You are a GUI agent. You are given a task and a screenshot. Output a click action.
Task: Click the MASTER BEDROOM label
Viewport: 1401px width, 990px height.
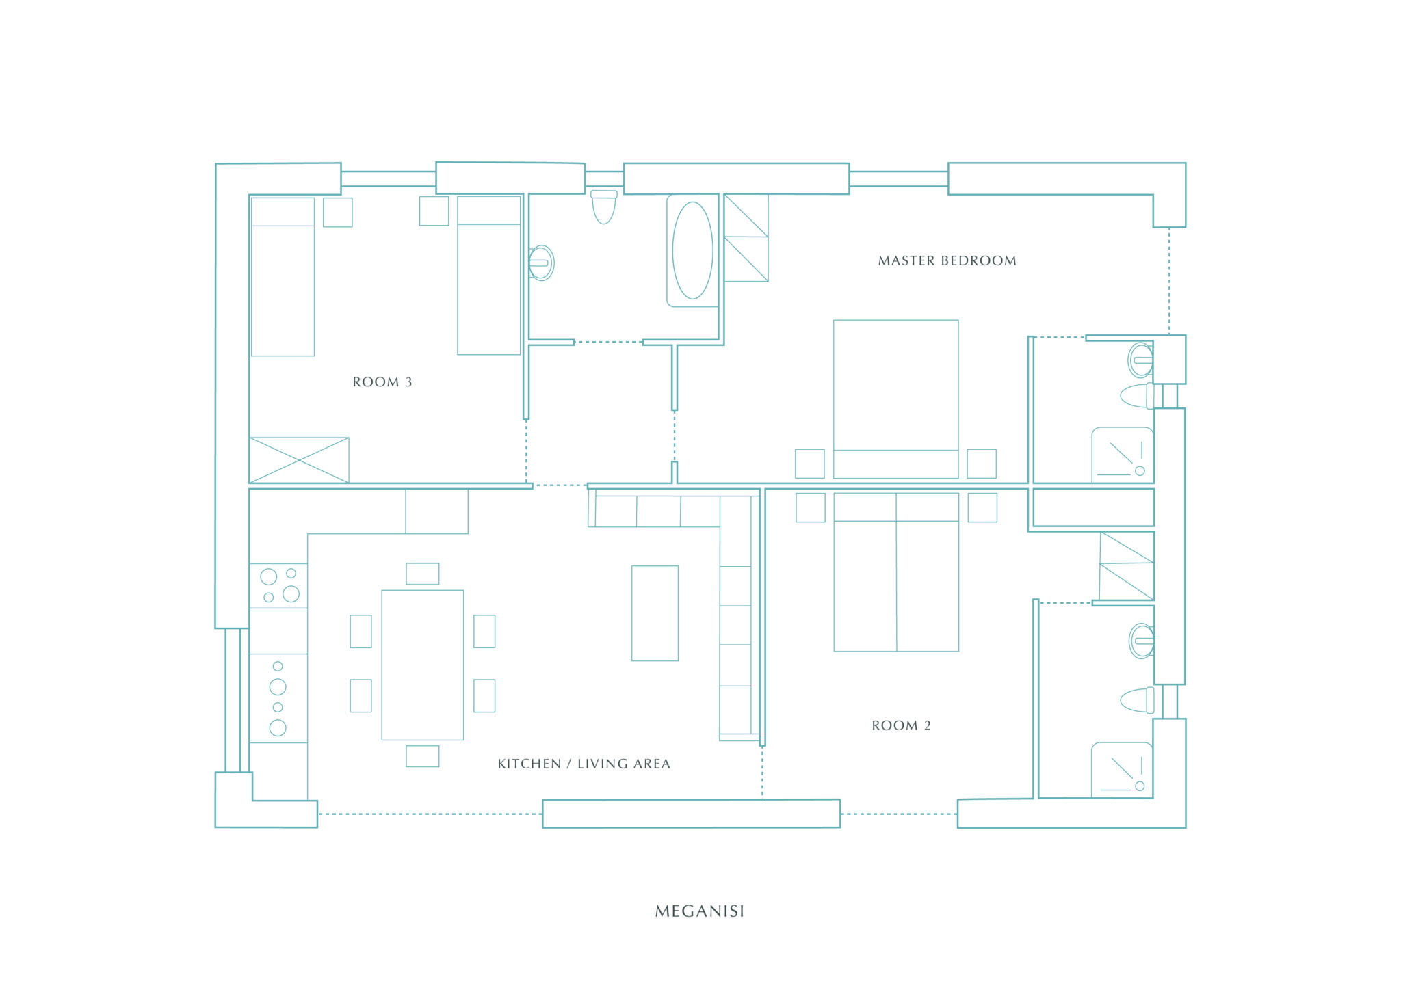[x=947, y=260]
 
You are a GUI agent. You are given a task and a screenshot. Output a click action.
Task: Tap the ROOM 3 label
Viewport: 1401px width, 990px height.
[x=382, y=382]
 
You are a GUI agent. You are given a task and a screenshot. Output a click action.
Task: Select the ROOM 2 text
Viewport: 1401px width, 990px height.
[x=901, y=725]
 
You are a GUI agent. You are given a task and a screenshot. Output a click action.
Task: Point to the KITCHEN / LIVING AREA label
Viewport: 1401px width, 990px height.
[x=584, y=764]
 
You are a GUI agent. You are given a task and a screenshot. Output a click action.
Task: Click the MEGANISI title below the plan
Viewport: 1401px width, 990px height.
[x=699, y=911]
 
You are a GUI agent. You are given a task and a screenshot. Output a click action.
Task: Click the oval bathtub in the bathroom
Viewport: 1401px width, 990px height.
[x=692, y=250]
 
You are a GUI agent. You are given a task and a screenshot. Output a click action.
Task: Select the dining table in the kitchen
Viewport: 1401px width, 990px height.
[x=422, y=665]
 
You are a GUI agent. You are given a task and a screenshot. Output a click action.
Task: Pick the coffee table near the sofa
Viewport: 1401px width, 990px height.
[x=655, y=613]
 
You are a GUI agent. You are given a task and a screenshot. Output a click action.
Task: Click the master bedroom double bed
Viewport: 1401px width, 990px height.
[x=895, y=399]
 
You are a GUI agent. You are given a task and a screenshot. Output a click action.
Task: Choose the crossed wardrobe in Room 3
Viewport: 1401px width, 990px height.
[x=299, y=460]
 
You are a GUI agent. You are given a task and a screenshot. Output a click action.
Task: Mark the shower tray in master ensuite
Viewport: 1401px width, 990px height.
[x=1123, y=455]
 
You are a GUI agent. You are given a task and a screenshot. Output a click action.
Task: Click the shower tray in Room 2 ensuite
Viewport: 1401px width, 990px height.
[x=1122, y=770]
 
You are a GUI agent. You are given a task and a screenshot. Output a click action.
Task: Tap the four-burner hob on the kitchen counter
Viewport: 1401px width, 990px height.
[x=278, y=586]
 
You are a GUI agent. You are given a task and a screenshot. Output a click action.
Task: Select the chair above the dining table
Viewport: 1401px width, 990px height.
[x=423, y=574]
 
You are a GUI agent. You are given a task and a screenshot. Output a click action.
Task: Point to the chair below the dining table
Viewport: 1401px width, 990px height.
[x=423, y=756]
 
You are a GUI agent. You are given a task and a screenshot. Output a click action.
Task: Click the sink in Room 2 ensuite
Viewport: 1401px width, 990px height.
[x=1141, y=641]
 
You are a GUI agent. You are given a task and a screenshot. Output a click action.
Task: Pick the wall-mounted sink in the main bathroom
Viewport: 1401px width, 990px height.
[x=541, y=263]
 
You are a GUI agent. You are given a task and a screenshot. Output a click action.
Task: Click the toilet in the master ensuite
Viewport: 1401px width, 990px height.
[x=1138, y=396]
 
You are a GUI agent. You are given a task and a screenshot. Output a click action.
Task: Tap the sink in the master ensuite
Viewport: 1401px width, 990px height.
[x=1141, y=360]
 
